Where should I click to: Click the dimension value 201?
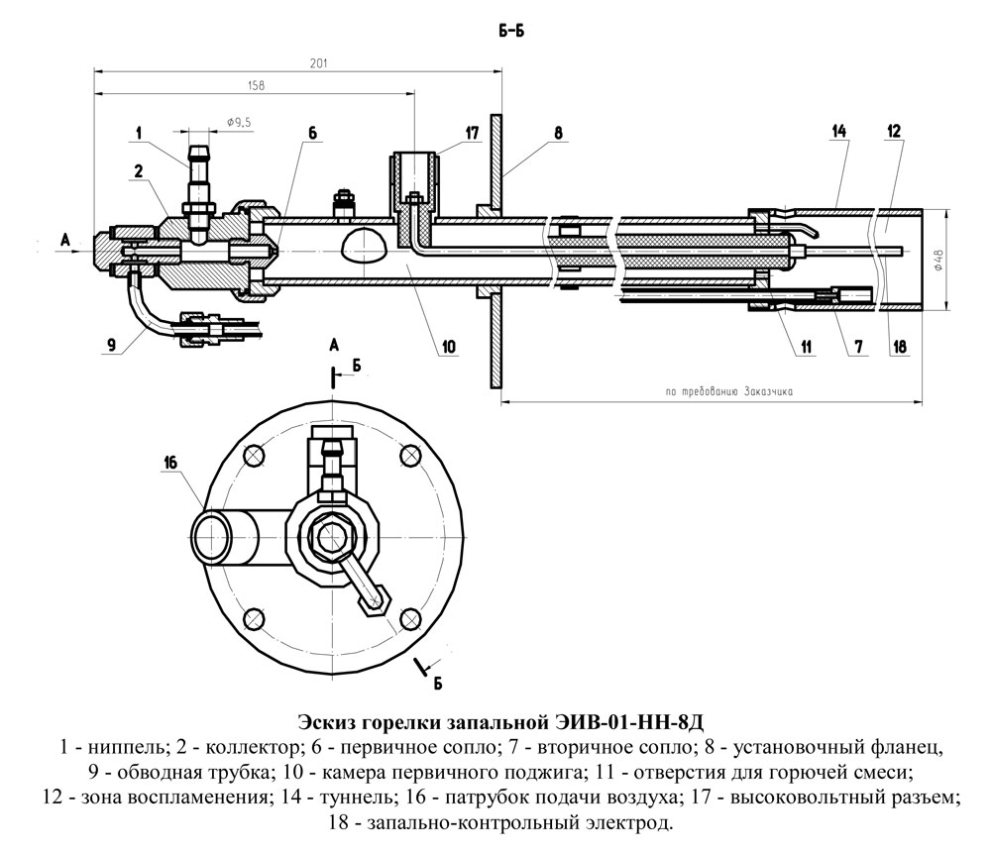point(317,62)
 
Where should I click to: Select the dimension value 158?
point(255,86)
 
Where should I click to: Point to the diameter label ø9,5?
point(240,122)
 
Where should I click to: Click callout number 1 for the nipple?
point(140,131)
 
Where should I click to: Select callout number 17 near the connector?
point(471,132)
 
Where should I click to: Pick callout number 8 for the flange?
point(558,131)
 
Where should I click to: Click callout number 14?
point(838,131)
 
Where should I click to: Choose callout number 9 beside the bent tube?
point(112,344)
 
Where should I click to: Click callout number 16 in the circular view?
point(170,463)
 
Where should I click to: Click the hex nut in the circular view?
point(329,533)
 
